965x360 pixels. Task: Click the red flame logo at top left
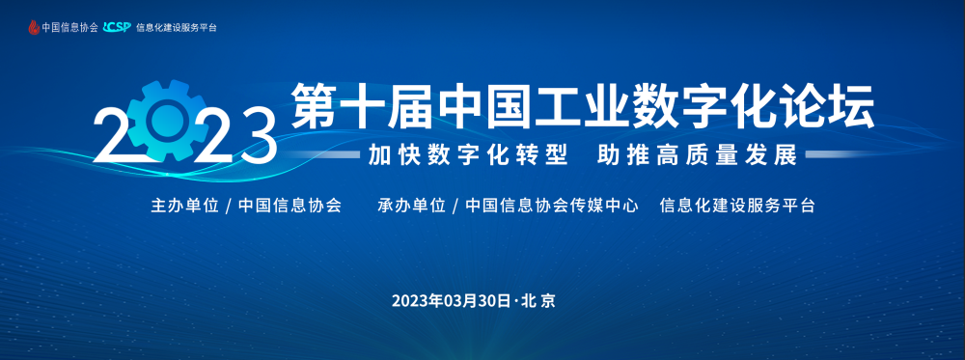pyautogui.click(x=34, y=27)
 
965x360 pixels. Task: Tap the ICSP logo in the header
pyautogui.click(x=118, y=27)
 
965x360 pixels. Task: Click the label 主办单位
pyautogui.click(x=180, y=208)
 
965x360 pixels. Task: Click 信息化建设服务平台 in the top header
pyautogui.click(x=177, y=28)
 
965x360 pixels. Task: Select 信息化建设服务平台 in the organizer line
pyautogui.click(x=738, y=208)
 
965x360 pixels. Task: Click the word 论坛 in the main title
pyautogui.click(x=827, y=105)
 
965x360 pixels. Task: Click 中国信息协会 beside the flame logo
pyautogui.click(x=69, y=28)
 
